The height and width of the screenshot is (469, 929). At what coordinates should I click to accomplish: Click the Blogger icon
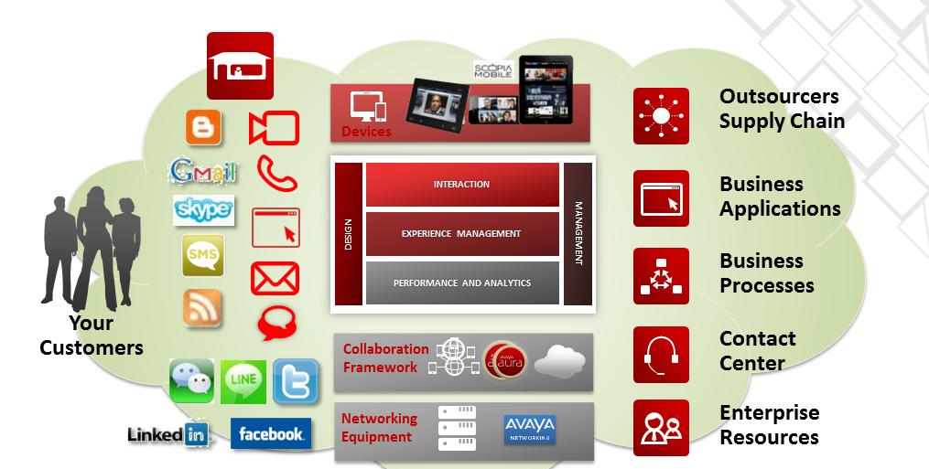click(x=203, y=127)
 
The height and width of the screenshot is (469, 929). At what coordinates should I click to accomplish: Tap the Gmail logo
click(x=203, y=171)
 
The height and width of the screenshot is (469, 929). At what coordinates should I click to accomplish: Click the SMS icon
click(x=203, y=255)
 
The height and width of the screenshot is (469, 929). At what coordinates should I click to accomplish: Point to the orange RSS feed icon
click(x=202, y=307)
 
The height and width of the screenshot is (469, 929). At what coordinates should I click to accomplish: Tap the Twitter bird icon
click(x=296, y=381)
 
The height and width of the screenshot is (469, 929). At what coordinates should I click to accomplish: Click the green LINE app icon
click(x=243, y=381)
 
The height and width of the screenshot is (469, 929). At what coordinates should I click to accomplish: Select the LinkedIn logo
click(x=168, y=434)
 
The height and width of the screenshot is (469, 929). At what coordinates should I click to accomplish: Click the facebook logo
click(x=271, y=433)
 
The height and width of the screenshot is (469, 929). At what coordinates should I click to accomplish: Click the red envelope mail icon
click(x=275, y=278)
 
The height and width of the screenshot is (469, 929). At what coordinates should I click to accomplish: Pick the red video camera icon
click(x=275, y=128)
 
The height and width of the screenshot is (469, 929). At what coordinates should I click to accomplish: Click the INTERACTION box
click(x=462, y=185)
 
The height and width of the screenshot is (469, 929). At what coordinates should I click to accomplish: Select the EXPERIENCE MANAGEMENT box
click(x=462, y=234)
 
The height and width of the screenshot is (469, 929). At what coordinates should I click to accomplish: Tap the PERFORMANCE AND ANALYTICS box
click(x=462, y=282)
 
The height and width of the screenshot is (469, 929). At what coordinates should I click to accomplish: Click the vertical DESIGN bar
click(x=349, y=234)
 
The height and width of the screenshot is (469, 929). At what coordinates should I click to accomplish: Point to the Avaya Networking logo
click(x=530, y=430)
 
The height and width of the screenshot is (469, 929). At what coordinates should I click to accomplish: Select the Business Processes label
click(x=766, y=273)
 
